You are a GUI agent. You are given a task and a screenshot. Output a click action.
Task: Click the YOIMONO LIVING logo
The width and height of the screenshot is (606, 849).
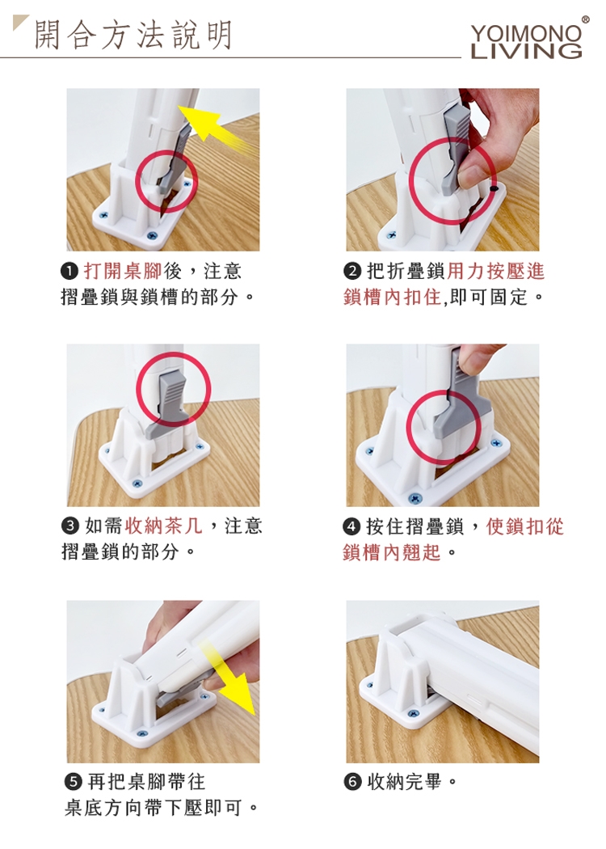pos(527,40)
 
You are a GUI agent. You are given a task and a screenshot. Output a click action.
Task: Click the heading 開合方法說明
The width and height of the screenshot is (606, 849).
pos(133,36)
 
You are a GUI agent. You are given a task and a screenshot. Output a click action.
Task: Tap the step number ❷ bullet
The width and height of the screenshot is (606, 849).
pos(351,271)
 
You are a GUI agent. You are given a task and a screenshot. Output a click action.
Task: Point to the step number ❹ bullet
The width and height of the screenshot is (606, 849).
pos(351,526)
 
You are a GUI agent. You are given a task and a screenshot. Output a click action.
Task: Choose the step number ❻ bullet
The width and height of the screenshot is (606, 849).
pos(351,782)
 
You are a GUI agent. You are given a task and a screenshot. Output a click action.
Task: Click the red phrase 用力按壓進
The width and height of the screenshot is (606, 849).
pos(496,271)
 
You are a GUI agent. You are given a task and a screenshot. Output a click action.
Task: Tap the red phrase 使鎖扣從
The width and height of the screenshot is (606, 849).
pos(525,526)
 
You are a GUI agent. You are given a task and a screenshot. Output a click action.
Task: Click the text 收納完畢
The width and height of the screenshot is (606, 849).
pos(405,781)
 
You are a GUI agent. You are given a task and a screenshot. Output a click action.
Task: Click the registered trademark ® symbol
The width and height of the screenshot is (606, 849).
pos(586,20)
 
